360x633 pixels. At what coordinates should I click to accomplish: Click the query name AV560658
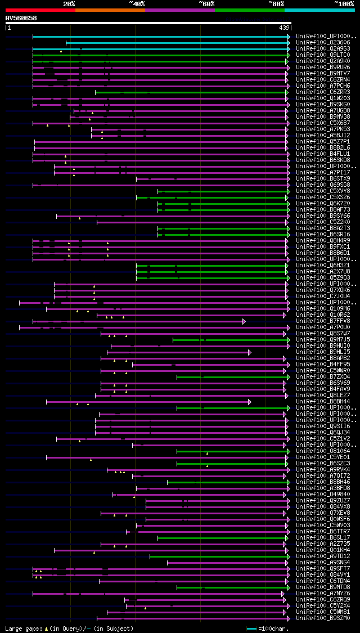21,18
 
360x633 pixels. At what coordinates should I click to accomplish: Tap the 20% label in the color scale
69,3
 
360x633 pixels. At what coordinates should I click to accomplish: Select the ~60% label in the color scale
206,3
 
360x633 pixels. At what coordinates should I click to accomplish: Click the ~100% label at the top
344,3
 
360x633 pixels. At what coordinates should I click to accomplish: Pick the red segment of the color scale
40,10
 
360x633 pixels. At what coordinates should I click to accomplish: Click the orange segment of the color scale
110,10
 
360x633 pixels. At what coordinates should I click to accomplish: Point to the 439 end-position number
284,28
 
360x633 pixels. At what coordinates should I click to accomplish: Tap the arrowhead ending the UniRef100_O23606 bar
288,43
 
